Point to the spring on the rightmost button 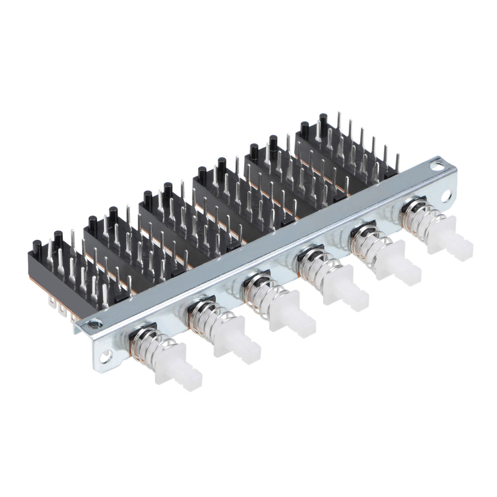pos(416,217)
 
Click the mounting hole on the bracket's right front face pos(449,196)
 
